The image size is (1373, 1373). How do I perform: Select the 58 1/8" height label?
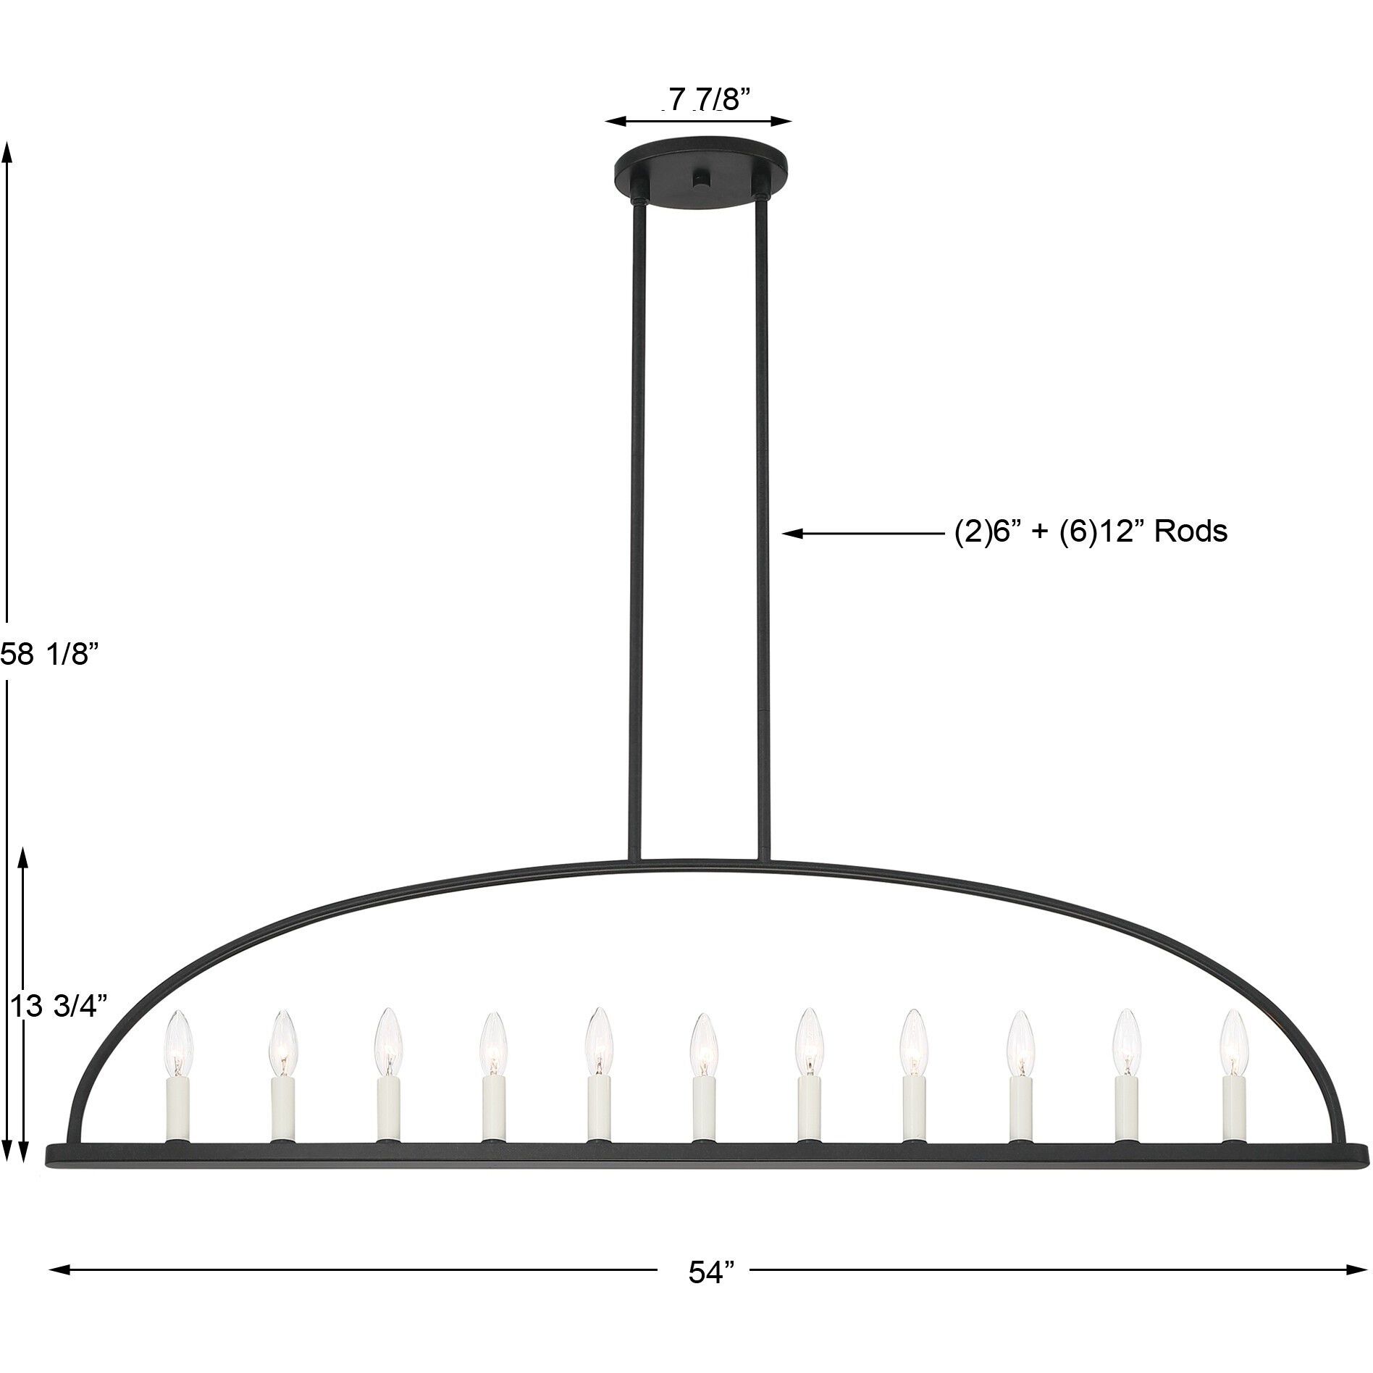[x=48, y=655]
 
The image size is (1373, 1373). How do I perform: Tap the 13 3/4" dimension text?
[x=60, y=1006]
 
